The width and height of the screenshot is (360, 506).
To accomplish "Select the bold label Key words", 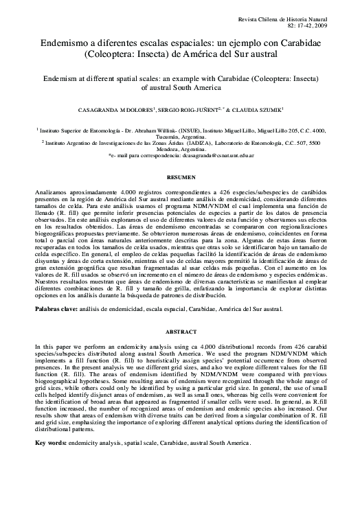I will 52,442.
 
